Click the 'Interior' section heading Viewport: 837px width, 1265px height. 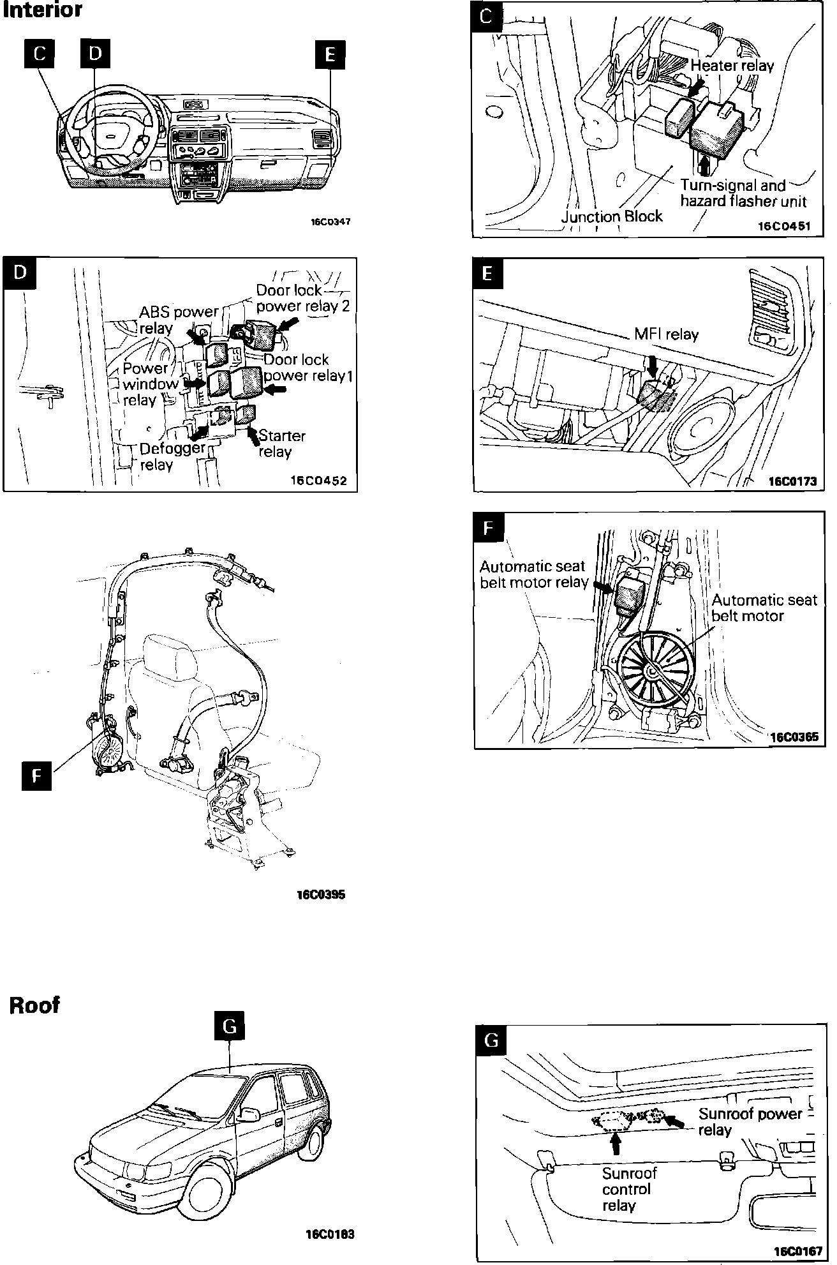[x=43, y=11]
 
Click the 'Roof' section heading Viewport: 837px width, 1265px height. [x=34, y=1005]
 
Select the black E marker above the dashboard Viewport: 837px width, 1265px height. [x=330, y=54]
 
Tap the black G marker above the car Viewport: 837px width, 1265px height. [x=230, y=1026]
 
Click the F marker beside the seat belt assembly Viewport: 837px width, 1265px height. [x=36, y=775]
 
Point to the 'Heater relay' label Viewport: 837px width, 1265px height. [x=732, y=65]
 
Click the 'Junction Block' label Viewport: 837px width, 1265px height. [x=612, y=216]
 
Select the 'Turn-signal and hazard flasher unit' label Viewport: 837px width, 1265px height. [x=743, y=193]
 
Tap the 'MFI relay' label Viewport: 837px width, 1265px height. [x=666, y=334]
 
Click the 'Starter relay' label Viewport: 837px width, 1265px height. [x=281, y=444]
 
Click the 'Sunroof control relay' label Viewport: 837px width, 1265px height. [x=629, y=1189]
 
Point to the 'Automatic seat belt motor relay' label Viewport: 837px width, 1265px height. [x=533, y=574]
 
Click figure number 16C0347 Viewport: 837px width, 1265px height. [x=330, y=222]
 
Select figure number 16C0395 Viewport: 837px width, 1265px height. [x=320, y=894]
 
